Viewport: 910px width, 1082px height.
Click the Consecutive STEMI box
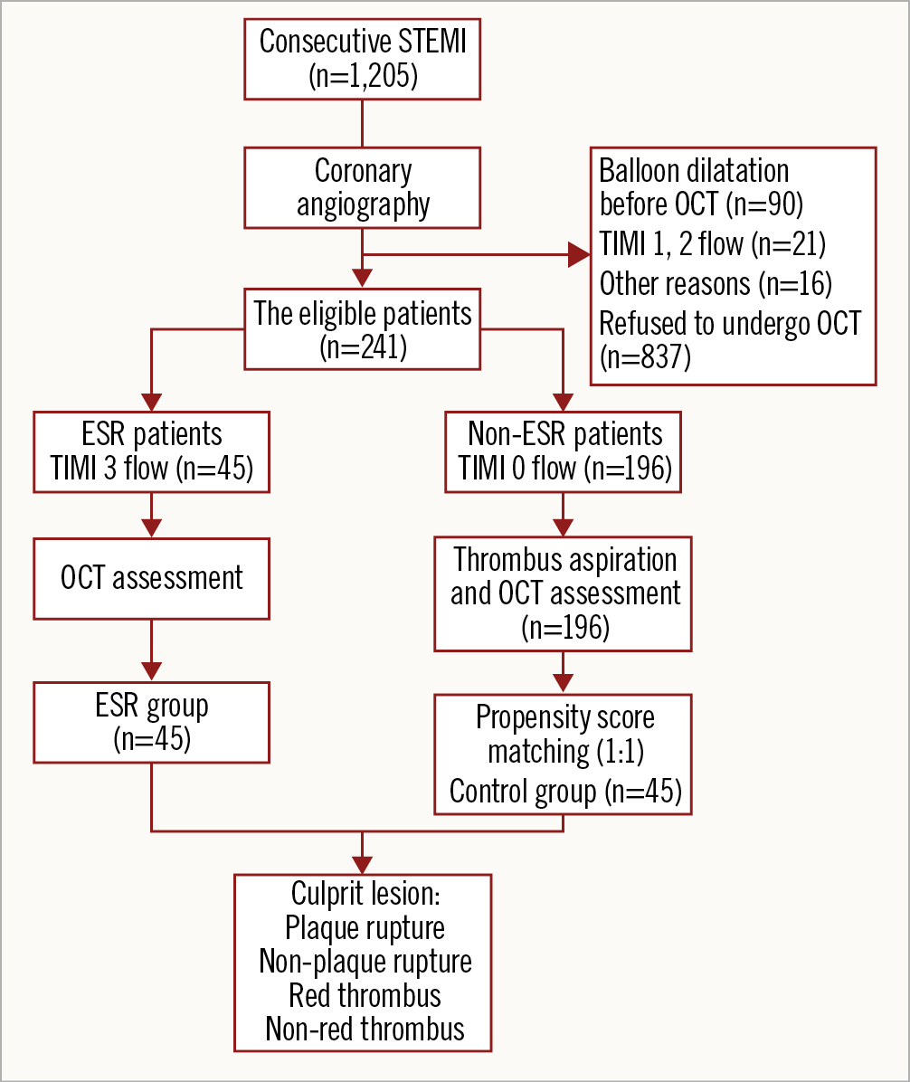[363, 59]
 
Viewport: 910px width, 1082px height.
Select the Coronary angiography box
[363, 187]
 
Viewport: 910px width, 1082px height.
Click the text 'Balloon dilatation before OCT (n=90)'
[695, 187]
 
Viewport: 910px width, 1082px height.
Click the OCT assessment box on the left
[152, 579]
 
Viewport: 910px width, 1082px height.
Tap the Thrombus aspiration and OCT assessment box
[564, 593]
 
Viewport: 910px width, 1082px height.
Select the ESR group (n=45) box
[152, 722]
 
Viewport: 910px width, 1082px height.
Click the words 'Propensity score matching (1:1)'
[564, 735]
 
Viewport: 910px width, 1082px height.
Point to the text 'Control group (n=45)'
[564, 793]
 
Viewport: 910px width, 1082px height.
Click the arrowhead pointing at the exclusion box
[578, 255]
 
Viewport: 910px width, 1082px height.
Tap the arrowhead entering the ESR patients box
[152, 401]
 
